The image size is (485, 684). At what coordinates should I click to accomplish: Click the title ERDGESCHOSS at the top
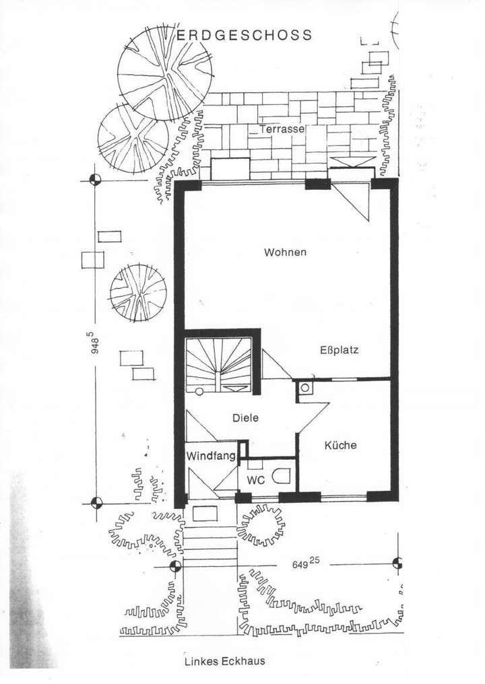point(245,35)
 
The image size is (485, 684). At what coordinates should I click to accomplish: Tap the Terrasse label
point(283,128)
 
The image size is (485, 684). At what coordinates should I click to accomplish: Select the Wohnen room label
point(285,252)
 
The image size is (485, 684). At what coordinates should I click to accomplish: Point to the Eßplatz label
point(338,350)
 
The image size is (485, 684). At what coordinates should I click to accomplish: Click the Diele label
point(245,418)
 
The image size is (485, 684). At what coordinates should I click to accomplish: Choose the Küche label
point(340,446)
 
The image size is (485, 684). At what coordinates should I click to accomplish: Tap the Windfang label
point(211,456)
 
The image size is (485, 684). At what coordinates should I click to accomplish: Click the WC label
point(256,481)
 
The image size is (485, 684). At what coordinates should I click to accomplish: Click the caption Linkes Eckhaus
point(224,661)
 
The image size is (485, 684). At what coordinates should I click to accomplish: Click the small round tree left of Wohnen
point(138,292)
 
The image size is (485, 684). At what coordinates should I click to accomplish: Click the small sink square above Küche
point(304,388)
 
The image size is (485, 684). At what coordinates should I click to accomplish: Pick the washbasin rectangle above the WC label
point(255,465)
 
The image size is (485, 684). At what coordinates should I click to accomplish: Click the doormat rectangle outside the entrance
point(205,514)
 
